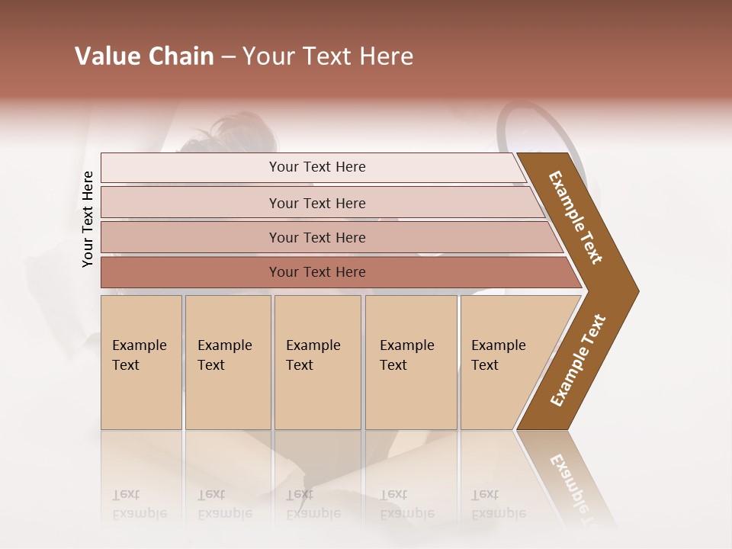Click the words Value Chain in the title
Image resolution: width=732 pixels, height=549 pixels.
coord(144,56)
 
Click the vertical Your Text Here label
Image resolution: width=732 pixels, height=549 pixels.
coord(88,219)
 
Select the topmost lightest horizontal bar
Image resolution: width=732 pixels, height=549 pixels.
coord(313,167)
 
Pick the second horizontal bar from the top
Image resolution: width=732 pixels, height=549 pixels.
coord(316,203)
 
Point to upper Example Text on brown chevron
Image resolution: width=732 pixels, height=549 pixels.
coord(576,217)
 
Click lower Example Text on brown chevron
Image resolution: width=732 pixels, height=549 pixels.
coord(578,360)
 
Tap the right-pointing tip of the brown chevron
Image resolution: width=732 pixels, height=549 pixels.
coord(634,291)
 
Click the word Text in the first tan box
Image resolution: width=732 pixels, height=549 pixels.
coord(126,365)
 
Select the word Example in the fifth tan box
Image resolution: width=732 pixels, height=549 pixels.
coord(498,345)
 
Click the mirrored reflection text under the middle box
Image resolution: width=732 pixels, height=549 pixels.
coord(313,505)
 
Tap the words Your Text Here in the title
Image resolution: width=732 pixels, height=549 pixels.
coord(328,56)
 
